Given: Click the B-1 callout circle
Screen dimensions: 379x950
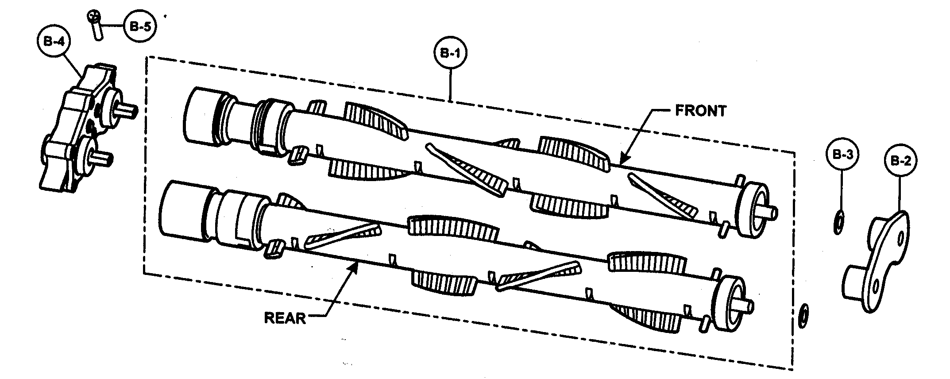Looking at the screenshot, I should coord(450,54).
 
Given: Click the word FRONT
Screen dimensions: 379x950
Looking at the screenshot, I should coord(700,111).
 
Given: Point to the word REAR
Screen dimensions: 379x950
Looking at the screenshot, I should coord(285,318).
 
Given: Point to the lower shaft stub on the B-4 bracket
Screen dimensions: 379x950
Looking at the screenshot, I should coord(105,158).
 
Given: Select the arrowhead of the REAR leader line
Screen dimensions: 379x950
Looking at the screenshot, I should coord(355,264).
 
